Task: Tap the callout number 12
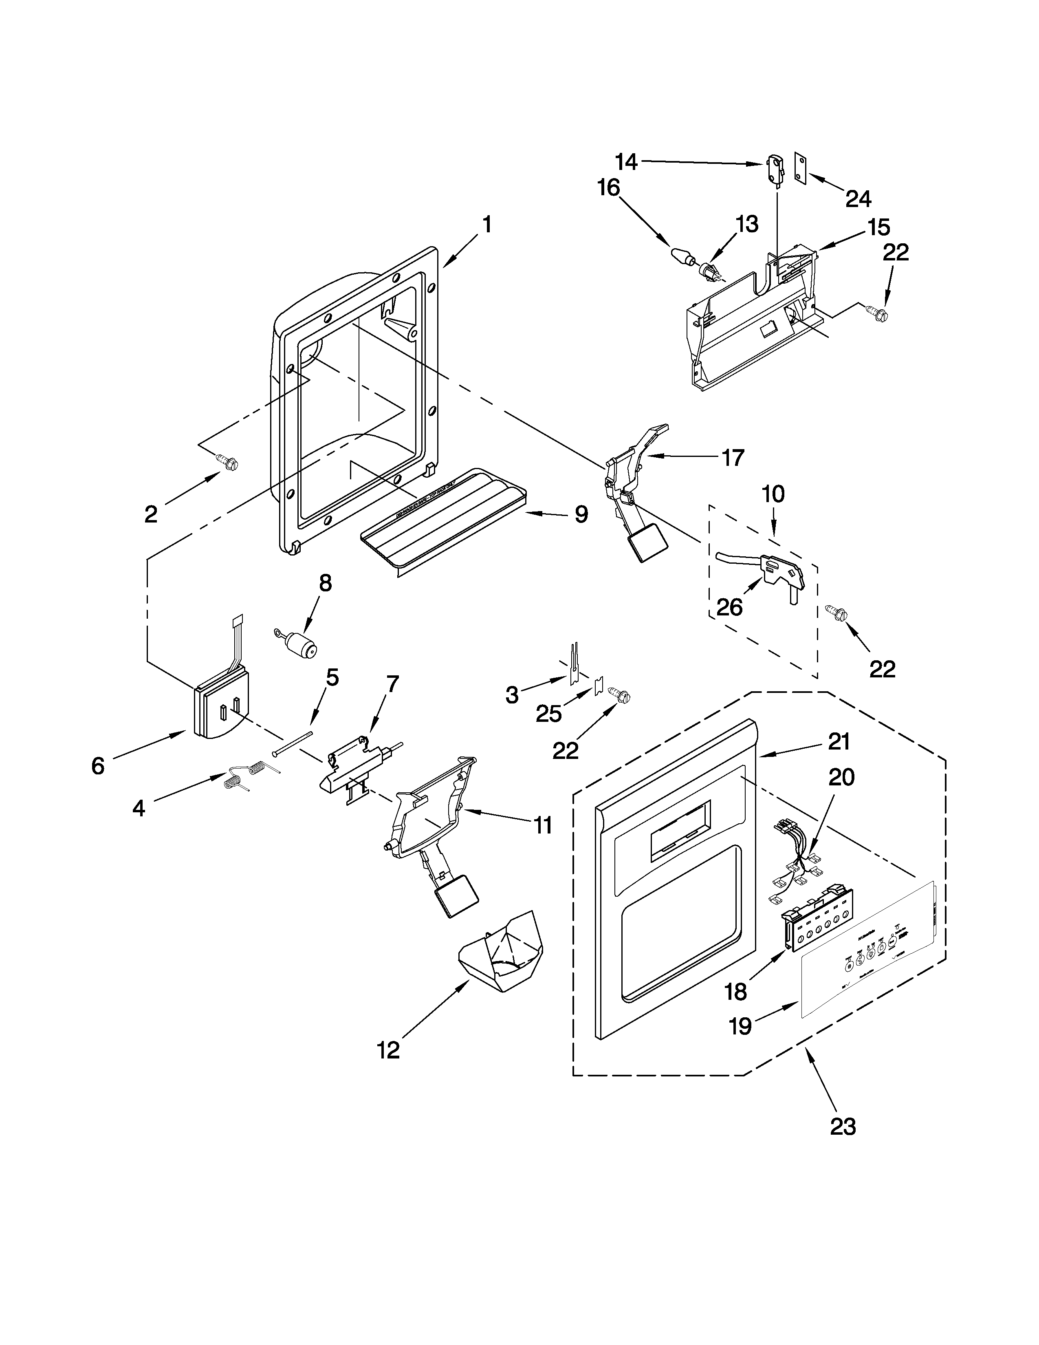[388, 1050]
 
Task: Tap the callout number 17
[733, 458]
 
